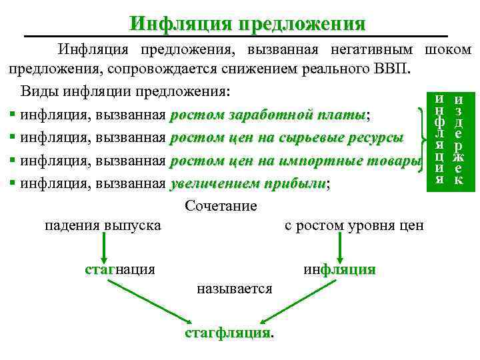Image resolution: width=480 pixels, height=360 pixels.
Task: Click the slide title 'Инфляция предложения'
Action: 248,24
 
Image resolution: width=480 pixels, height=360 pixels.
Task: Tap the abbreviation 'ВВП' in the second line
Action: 396,69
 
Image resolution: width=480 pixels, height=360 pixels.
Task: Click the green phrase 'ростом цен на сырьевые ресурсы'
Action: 287,139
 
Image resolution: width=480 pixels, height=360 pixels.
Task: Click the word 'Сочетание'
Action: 220,205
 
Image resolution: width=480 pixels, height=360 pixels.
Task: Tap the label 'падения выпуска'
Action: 103,225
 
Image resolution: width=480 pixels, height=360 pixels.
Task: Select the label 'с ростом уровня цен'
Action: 354,225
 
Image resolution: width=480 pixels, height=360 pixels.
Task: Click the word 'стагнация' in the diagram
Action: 120,269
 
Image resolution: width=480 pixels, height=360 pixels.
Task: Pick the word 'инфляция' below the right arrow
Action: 339,269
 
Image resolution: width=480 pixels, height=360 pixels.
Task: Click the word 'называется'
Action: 235,289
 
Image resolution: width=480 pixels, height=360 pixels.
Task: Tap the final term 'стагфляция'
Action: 228,332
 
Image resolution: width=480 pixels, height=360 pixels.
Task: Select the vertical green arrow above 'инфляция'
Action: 341,248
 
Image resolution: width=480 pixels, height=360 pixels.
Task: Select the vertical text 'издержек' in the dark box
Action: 458,138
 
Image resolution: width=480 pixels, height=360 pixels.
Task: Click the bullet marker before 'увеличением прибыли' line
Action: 12,185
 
